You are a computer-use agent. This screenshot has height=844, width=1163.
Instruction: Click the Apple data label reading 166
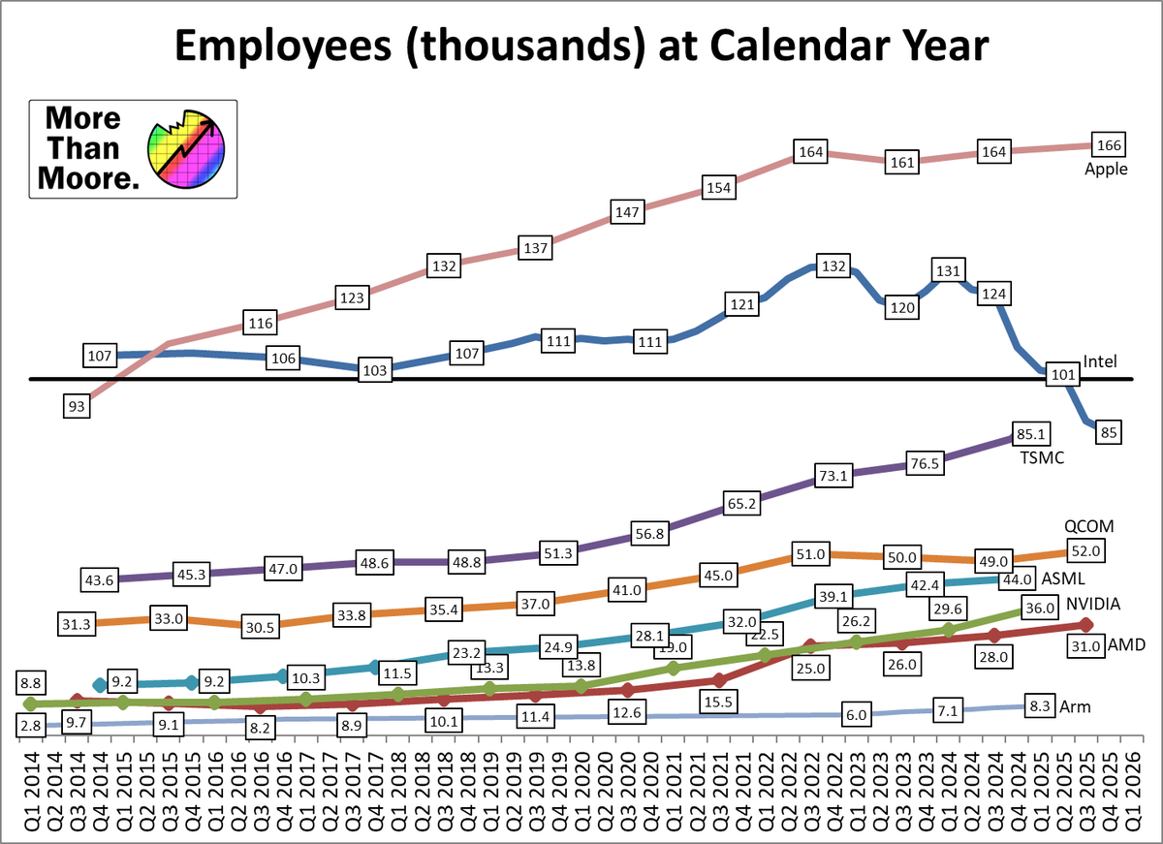pos(1106,145)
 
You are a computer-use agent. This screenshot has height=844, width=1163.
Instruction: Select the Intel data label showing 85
pos(1106,432)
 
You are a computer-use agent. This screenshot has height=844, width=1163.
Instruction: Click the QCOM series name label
pos(1090,526)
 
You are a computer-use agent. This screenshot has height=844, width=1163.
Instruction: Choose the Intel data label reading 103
pos(376,371)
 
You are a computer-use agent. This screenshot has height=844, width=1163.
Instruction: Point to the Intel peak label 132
pos(833,266)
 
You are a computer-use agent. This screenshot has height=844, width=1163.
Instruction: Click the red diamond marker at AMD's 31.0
pos(1086,625)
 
